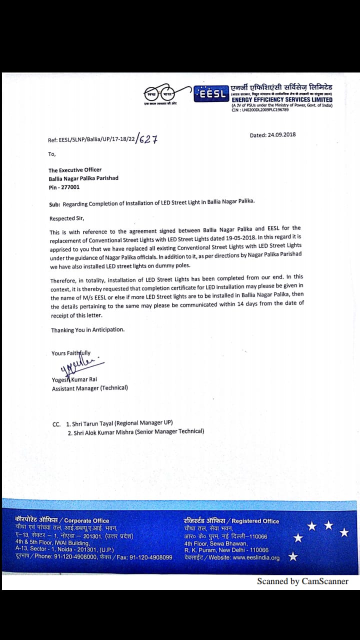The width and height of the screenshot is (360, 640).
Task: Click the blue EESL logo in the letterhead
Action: pos(212,94)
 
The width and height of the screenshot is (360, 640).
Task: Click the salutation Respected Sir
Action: pos(67,218)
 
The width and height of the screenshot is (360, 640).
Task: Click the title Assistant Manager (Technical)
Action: pos(90,388)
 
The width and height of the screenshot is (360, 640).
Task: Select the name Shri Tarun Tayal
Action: pos(92,423)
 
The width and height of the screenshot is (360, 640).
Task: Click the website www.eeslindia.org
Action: pos(256,557)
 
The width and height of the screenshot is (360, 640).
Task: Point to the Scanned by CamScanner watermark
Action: pos(302,581)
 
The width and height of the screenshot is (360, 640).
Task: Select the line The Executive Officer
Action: pos(75,170)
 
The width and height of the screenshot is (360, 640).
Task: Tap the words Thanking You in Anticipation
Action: pos(88,330)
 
